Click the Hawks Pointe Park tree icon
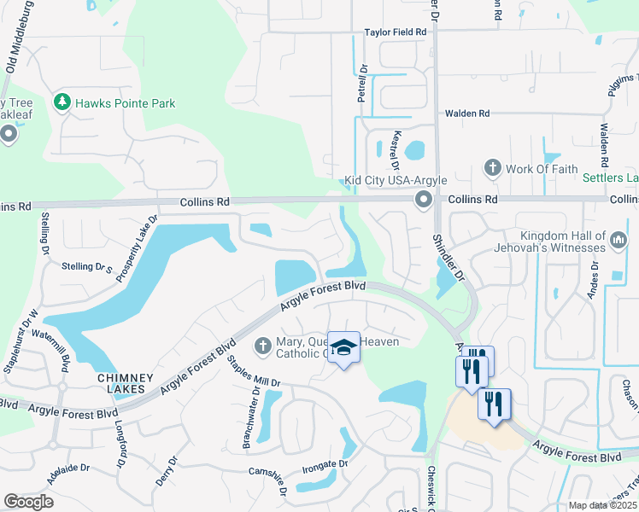(62, 103)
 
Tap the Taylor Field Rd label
(396, 32)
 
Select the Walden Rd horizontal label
(466, 113)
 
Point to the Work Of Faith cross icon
(492, 168)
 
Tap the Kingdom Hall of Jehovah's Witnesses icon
(619, 242)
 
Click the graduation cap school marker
(343, 347)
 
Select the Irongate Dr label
(325, 464)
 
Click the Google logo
(28, 501)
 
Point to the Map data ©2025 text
(601, 505)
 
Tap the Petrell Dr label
(362, 84)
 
